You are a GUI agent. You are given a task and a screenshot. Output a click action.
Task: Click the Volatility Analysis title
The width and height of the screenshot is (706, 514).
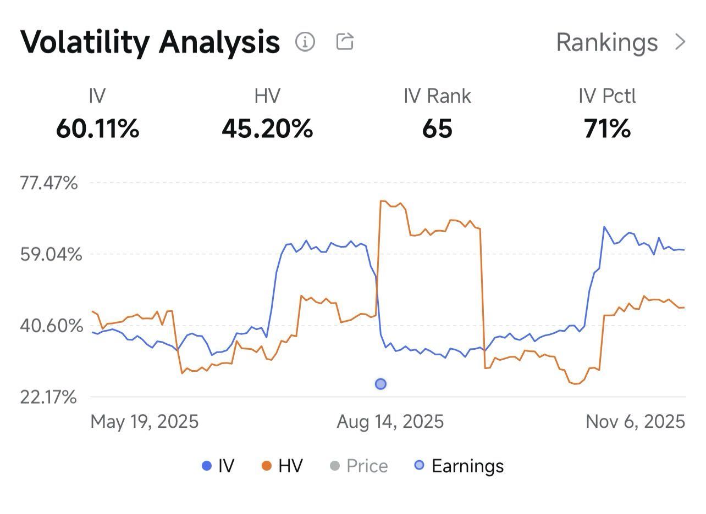(x=150, y=43)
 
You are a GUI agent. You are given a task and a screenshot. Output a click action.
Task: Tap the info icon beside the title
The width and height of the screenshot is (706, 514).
(x=305, y=42)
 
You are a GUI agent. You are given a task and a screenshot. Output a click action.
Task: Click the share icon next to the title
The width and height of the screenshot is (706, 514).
(x=345, y=41)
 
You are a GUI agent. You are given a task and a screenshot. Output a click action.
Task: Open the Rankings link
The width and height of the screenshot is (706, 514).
(x=607, y=42)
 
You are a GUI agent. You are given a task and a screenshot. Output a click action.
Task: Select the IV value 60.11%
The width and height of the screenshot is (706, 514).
(x=98, y=128)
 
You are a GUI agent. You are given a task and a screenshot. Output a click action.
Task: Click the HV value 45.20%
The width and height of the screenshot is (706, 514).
(x=267, y=128)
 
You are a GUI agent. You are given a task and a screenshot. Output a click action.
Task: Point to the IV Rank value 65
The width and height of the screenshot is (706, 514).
(x=437, y=128)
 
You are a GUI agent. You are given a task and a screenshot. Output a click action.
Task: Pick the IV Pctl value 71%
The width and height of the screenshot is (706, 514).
(x=608, y=128)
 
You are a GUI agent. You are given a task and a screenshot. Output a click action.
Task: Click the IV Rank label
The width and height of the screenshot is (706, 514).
(x=437, y=96)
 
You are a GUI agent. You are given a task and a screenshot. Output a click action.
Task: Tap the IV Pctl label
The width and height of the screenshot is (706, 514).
(x=608, y=96)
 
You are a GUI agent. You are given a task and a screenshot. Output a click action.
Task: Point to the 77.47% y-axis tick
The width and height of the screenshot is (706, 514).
(x=49, y=183)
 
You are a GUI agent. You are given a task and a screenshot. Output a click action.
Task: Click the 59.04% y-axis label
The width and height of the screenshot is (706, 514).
(x=51, y=254)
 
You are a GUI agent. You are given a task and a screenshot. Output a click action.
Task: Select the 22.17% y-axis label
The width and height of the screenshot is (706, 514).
(x=48, y=397)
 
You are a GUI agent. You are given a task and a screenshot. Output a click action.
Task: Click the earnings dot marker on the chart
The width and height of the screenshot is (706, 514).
(x=380, y=384)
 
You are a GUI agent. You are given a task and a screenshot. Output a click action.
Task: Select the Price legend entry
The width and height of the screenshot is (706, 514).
(x=358, y=466)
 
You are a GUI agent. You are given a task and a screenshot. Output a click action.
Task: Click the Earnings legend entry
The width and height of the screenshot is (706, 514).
(x=459, y=466)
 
